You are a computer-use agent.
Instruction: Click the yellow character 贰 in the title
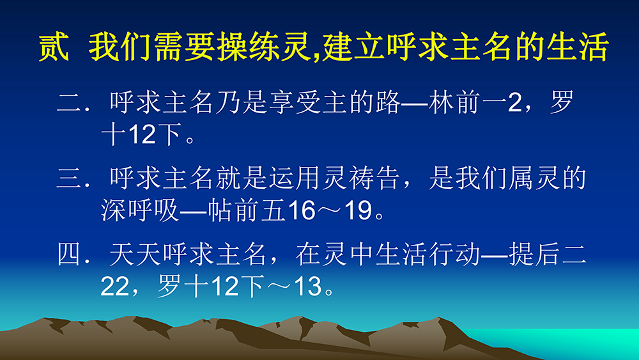click(x=54, y=47)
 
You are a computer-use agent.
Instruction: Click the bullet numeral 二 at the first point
click(x=70, y=102)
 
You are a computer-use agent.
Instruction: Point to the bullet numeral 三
click(x=70, y=178)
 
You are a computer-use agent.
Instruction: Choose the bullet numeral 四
click(x=70, y=254)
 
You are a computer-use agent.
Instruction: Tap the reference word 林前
click(x=454, y=102)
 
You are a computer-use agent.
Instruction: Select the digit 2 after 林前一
click(x=514, y=102)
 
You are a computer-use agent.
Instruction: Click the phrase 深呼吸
click(x=140, y=210)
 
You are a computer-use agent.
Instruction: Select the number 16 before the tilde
click(x=302, y=211)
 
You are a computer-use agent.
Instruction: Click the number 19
click(x=358, y=211)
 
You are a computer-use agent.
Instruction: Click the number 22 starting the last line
click(x=114, y=286)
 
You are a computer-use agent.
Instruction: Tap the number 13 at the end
click(x=308, y=286)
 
